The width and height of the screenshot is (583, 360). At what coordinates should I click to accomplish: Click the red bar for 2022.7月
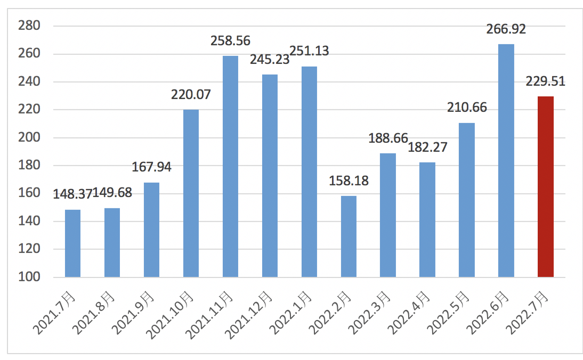(x=545, y=186)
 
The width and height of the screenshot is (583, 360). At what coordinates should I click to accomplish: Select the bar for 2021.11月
(x=230, y=166)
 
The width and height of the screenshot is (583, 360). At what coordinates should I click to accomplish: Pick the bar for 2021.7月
(x=72, y=243)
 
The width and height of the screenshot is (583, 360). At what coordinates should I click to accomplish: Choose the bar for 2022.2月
(x=349, y=236)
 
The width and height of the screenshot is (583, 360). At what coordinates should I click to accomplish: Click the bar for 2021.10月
(x=191, y=193)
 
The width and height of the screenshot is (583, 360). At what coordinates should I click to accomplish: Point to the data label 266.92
(x=506, y=29)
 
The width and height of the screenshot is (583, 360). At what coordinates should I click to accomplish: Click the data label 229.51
(x=545, y=81)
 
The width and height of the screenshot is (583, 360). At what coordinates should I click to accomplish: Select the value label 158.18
(x=349, y=181)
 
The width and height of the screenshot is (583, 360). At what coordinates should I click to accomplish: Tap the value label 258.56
(x=230, y=40)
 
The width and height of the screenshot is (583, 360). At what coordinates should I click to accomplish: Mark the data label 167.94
(x=151, y=168)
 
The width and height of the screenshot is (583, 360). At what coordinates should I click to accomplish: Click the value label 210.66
(x=467, y=108)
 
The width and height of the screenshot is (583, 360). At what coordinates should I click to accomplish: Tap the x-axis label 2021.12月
(x=253, y=314)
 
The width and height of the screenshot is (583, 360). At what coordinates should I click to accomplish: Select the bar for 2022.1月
(x=309, y=171)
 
